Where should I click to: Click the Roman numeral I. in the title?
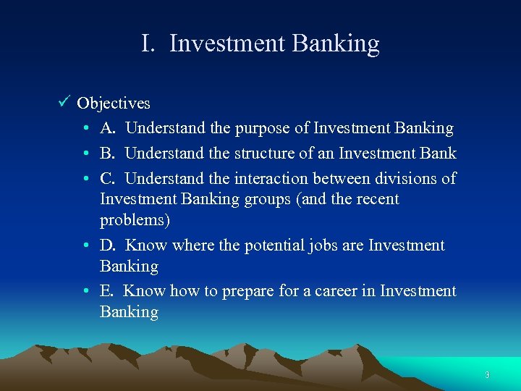[x=148, y=44]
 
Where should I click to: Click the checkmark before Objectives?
[x=64, y=103]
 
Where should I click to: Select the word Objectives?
[x=114, y=104]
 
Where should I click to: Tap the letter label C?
[x=107, y=178]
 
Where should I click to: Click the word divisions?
[x=407, y=178]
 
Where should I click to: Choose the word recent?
[x=375, y=199]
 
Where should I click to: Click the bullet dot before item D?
[x=85, y=246]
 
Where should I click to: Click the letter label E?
[x=106, y=291]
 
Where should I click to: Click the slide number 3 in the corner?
[x=487, y=374]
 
